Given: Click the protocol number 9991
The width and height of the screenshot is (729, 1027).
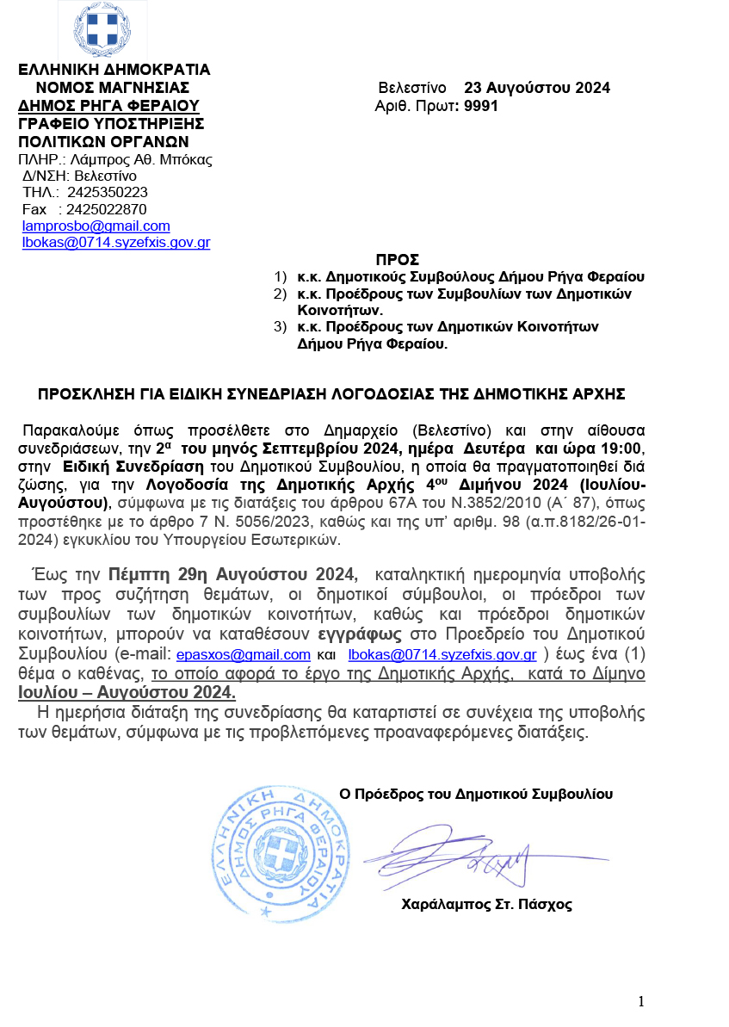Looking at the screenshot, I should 481,106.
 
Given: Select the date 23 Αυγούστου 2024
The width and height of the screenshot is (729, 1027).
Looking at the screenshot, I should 537,88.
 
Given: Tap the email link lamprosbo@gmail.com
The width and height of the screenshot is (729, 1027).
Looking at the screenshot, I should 96,226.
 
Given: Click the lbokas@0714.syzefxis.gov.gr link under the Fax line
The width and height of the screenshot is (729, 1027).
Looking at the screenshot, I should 116,243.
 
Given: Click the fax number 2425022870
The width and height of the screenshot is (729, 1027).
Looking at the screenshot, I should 107,209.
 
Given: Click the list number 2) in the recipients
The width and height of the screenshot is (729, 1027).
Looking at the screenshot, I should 279,294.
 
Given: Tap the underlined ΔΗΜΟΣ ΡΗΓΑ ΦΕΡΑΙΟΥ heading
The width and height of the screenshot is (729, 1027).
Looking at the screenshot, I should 109,106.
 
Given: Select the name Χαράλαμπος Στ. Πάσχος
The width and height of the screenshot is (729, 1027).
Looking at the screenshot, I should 486,905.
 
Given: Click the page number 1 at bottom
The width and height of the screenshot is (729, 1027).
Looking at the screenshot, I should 641,1001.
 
